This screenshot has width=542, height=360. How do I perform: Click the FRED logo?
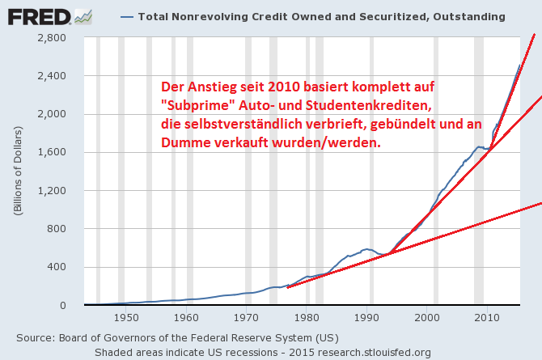36,15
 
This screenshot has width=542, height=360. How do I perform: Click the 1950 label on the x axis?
125,319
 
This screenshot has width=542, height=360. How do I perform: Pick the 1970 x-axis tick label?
246,319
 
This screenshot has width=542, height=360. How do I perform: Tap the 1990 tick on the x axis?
366,319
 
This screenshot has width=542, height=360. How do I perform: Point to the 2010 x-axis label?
487,319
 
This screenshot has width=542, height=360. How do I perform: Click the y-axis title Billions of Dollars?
17,171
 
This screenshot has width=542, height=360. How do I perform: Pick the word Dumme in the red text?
188,142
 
